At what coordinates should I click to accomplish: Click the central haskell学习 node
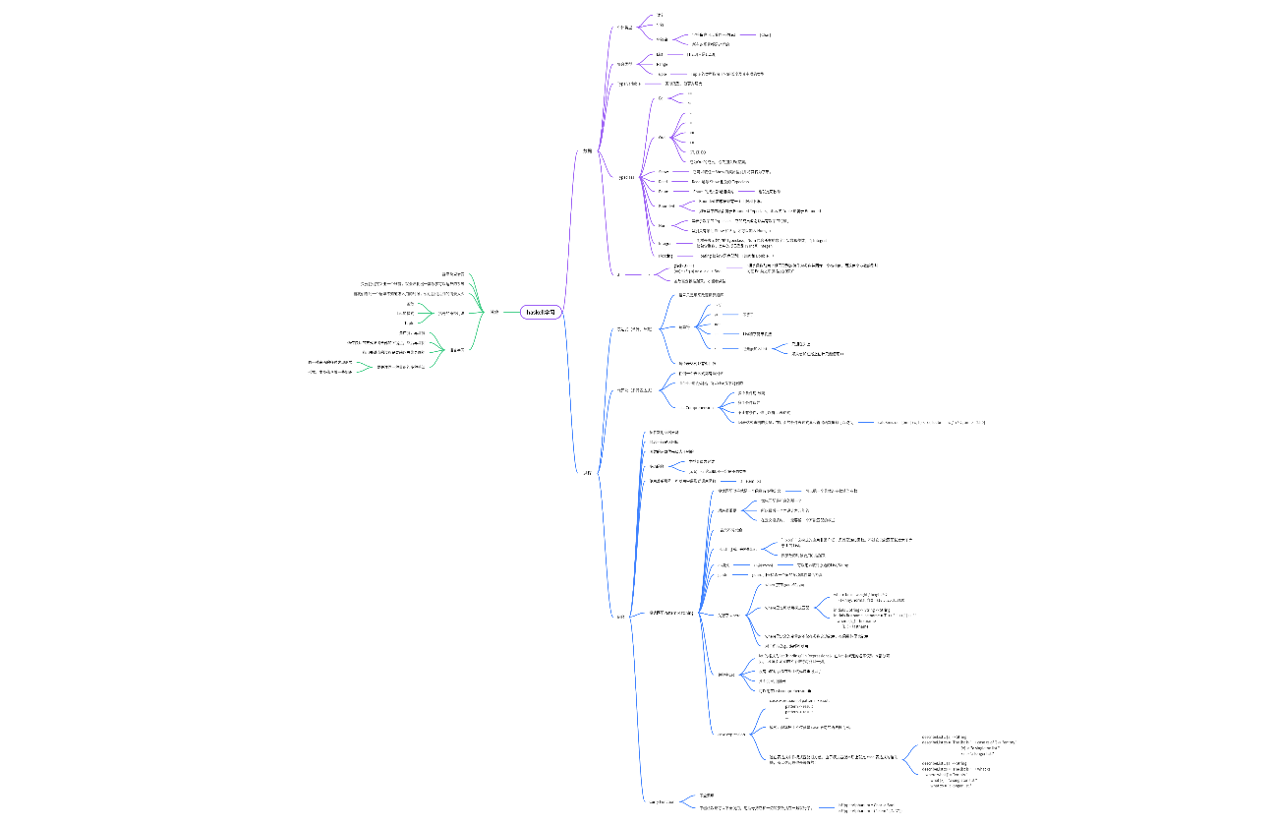pyautogui.click(x=540, y=312)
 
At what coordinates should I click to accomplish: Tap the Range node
pyautogui.click(x=662, y=64)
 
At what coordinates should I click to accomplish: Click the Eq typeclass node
pyautogui.click(x=661, y=98)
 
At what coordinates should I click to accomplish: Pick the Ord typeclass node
pyautogui.click(x=662, y=138)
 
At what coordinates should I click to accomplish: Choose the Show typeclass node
pyautogui.click(x=664, y=171)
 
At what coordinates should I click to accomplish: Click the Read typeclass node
pyautogui.click(x=663, y=181)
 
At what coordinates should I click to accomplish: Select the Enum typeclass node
pyautogui.click(x=664, y=192)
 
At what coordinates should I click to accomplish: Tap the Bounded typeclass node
pyautogui.click(x=666, y=206)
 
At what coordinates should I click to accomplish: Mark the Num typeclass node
pyautogui.click(x=662, y=225)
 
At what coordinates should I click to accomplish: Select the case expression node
pyautogui.click(x=734, y=734)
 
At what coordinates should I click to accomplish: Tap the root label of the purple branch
pyautogui.click(x=587, y=150)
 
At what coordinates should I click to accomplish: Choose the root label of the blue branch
pyautogui.click(x=587, y=473)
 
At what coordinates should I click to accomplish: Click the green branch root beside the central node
pyautogui.click(x=494, y=312)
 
